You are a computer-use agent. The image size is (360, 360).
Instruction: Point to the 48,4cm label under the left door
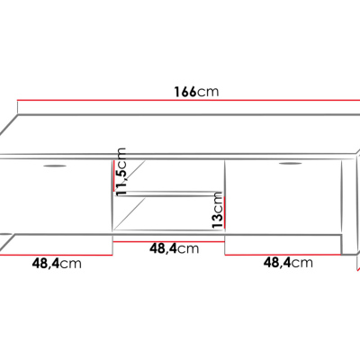pyautogui.click(x=57, y=263)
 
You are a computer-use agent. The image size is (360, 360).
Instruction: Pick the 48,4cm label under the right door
pyautogui.click(x=287, y=263)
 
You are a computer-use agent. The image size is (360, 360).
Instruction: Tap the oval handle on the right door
pyautogui.click(x=290, y=165)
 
